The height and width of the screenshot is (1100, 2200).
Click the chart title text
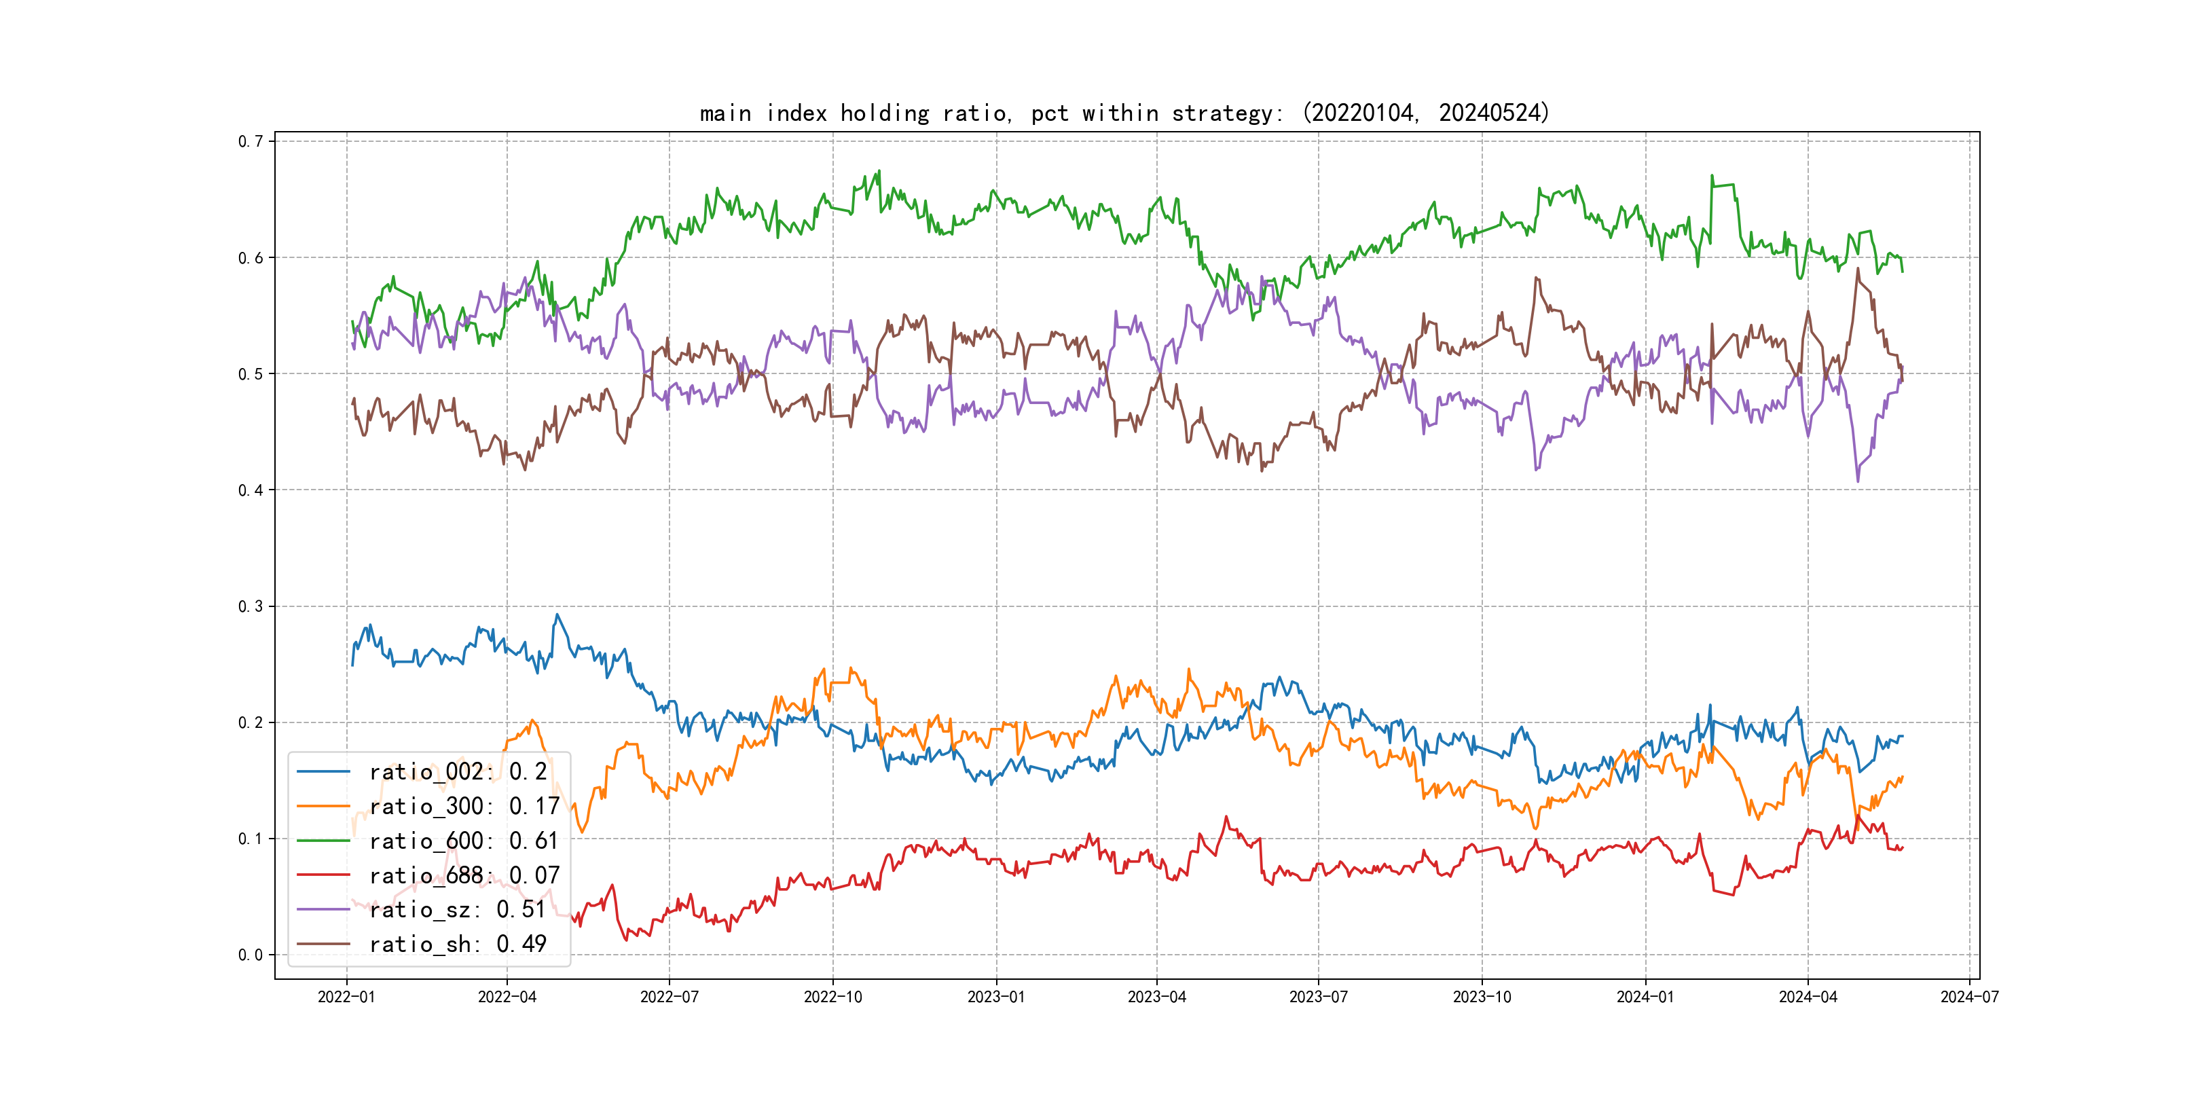pos(1124,113)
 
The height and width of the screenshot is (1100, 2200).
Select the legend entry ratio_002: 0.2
pos(458,772)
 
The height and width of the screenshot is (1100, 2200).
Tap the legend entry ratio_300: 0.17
pos(464,806)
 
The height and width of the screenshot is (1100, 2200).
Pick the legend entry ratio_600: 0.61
pos(464,841)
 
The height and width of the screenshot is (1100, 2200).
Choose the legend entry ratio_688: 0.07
pos(464,875)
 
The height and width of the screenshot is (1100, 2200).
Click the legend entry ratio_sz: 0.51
pos(457,910)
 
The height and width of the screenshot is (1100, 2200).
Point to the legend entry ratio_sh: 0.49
pos(457,945)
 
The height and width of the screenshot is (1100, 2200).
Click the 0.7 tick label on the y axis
pos(251,142)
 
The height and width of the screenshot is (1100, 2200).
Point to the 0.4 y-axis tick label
pos(251,490)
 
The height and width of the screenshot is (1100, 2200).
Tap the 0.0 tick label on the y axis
pos(251,955)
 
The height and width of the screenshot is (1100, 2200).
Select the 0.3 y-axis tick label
pos(251,606)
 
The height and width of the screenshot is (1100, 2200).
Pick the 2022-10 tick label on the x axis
pos(832,997)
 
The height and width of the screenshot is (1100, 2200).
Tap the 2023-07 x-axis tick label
pos(1318,997)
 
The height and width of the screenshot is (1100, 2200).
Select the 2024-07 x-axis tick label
pos(1969,997)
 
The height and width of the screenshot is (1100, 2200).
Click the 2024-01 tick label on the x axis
pos(1645,997)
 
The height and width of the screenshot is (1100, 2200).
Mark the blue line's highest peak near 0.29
pos(557,615)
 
